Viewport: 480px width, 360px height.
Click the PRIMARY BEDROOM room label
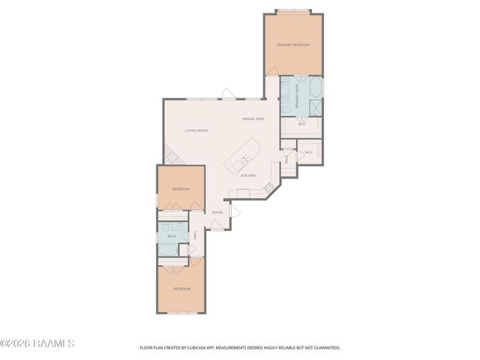click(x=293, y=45)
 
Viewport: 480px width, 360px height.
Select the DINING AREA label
click(x=253, y=119)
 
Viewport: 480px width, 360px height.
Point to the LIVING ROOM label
click(x=196, y=130)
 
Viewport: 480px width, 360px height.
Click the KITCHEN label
click(x=248, y=175)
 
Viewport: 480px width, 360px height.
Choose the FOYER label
click(x=217, y=212)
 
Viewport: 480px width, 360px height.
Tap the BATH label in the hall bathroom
click(x=172, y=236)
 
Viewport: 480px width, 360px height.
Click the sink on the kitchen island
click(x=245, y=159)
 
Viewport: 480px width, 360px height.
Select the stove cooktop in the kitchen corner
click(x=268, y=187)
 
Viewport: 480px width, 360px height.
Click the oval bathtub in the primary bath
click(x=315, y=89)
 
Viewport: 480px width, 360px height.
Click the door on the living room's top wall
click(x=229, y=95)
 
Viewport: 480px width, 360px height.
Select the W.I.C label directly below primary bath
click(x=301, y=124)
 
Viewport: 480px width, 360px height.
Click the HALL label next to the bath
click(x=195, y=235)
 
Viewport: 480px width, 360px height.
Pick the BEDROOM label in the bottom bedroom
click(x=181, y=289)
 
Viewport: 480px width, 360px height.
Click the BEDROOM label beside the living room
click(x=181, y=189)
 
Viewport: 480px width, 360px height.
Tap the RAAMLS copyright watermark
click(x=37, y=343)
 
